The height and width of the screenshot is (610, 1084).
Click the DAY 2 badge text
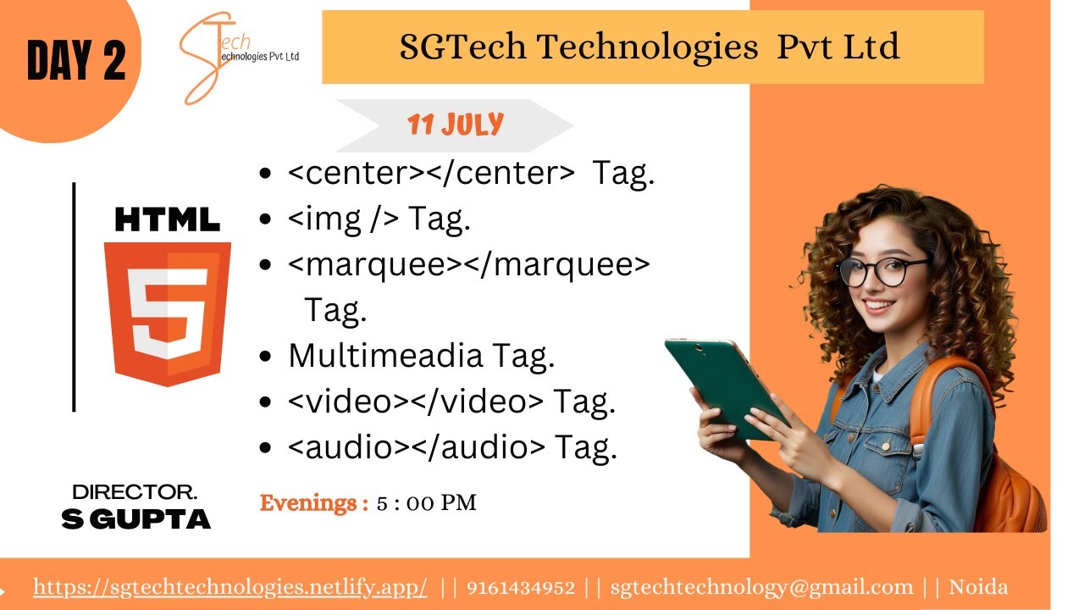(x=76, y=61)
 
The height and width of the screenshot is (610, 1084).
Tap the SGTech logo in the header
(x=239, y=56)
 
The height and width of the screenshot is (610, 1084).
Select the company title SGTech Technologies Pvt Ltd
(x=650, y=47)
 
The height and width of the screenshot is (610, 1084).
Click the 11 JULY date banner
(x=455, y=125)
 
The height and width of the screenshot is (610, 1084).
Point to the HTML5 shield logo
(x=168, y=313)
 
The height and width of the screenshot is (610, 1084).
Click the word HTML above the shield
(x=168, y=220)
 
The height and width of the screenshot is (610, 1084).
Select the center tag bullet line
(x=471, y=174)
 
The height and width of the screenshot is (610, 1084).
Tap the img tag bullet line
(x=379, y=219)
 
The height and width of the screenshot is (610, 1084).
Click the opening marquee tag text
(x=368, y=265)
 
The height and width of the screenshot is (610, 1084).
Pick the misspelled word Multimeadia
(x=384, y=356)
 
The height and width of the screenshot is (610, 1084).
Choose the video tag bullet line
(x=451, y=402)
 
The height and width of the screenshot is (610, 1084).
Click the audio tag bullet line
(x=452, y=448)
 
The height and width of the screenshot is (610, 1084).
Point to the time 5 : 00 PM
(x=427, y=503)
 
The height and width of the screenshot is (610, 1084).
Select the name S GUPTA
(x=135, y=519)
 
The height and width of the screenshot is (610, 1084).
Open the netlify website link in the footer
(x=230, y=587)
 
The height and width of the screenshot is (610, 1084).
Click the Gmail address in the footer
(x=761, y=587)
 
